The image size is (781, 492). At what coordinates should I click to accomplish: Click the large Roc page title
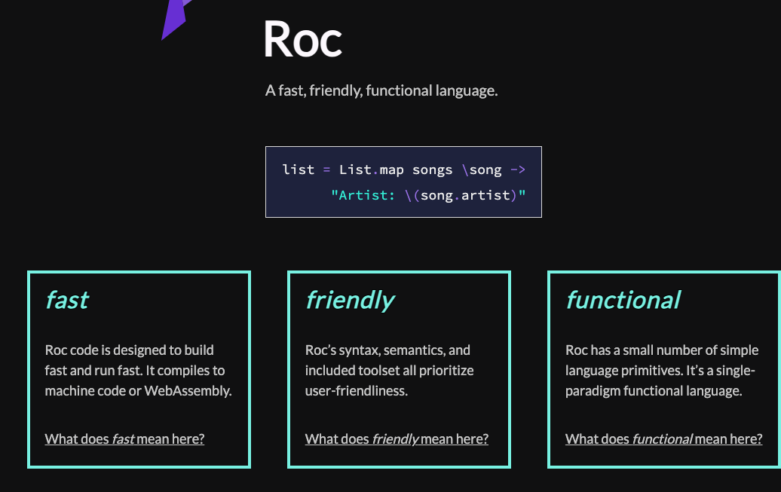(x=302, y=39)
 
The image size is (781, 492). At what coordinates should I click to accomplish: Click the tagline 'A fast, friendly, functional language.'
(x=381, y=90)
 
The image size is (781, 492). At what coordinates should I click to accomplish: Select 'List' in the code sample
(x=355, y=170)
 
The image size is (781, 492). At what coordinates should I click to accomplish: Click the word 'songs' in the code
(x=433, y=170)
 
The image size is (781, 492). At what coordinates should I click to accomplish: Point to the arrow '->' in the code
(x=518, y=170)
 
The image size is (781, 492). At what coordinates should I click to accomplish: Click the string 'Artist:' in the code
(x=363, y=195)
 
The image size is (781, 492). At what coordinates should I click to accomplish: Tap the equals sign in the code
(x=326, y=170)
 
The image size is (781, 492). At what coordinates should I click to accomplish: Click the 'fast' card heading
(x=67, y=301)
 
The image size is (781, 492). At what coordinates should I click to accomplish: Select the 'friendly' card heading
(x=350, y=301)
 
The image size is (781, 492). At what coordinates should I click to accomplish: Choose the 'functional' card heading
(x=623, y=301)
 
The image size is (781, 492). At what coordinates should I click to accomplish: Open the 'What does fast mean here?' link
(x=124, y=439)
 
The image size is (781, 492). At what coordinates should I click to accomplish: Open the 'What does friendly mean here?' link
(x=397, y=439)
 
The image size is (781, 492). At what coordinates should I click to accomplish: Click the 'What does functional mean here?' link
(x=663, y=439)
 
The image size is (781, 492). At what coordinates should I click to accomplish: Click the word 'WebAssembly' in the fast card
(x=187, y=391)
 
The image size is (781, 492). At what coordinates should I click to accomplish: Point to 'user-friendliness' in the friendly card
(x=356, y=391)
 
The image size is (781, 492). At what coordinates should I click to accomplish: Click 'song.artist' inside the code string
(x=465, y=195)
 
